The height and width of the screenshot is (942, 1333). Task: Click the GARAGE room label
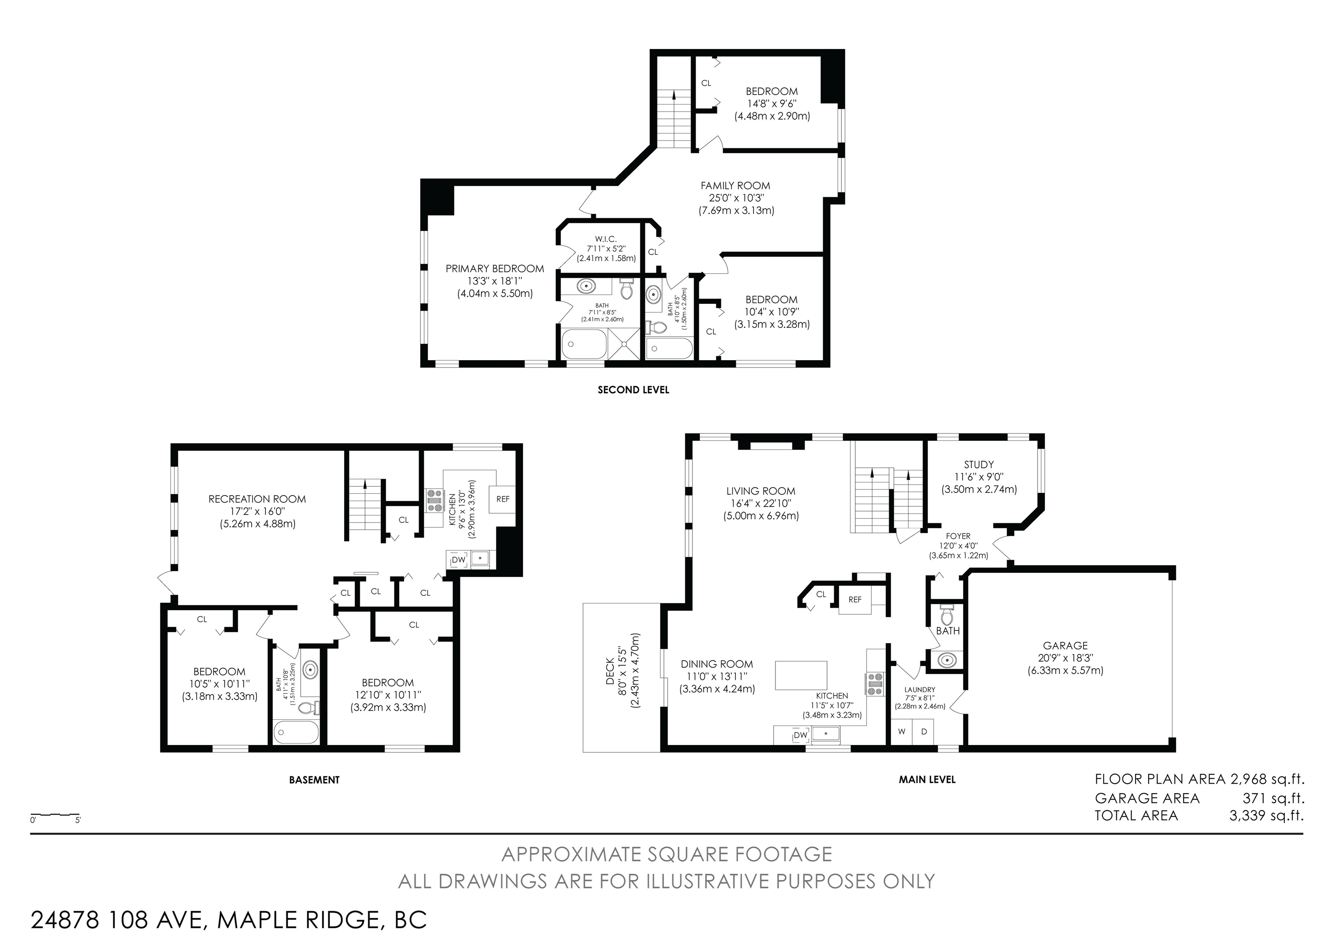(x=1065, y=645)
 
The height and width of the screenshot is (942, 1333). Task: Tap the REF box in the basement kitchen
(x=503, y=499)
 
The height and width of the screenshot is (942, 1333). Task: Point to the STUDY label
(x=979, y=464)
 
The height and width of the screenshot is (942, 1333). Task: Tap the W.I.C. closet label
(x=606, y=239)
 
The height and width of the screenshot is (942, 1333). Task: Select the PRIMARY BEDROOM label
(x=495, y=269)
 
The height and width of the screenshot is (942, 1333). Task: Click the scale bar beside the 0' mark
(x=55, y=814)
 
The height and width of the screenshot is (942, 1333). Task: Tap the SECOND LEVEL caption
(x=634, y=390)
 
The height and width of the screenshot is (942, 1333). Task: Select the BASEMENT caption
(x=314, y=780)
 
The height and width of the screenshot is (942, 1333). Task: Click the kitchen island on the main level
(x=801, y=675)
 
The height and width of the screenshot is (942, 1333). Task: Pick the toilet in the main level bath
(x=947, y=614)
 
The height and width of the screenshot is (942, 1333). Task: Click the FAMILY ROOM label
(x=735, y=186)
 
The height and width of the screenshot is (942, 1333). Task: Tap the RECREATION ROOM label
(x=257, y=499)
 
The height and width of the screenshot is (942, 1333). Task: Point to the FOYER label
(x=958, y=536)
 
